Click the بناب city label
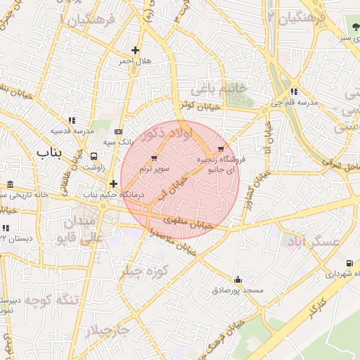pos(49,152)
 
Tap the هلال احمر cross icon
pos(135,50)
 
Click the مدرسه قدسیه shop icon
pos(71,120)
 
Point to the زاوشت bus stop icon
pos(94,157)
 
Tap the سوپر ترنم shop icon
pos(154,158)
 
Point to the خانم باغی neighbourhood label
pos(221,88)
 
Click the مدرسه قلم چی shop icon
pos(293,91)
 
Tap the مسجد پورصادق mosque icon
pos(238,279)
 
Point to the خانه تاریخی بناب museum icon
pos(10,184)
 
